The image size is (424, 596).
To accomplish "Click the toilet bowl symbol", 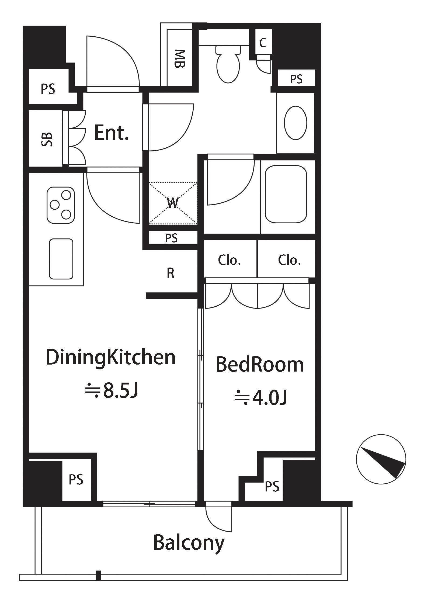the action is click(x=228, y=64).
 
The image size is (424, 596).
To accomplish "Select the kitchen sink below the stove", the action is click(x=61, y=259).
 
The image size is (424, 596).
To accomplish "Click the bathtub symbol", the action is click(x=286, y=194).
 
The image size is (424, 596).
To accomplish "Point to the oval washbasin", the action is click(x=296, y=123).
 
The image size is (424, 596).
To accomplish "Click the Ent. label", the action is click(x=111, y=133).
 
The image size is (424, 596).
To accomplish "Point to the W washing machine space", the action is click(x=173, y=203).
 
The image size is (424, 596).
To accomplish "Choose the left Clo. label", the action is click(x=229, y=260).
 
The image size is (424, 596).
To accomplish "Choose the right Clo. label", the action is click(x=289, y=260).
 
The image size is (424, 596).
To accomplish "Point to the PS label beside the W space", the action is click(x=171, y=238).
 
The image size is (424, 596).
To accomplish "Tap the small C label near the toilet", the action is click(x=263, y=42).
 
